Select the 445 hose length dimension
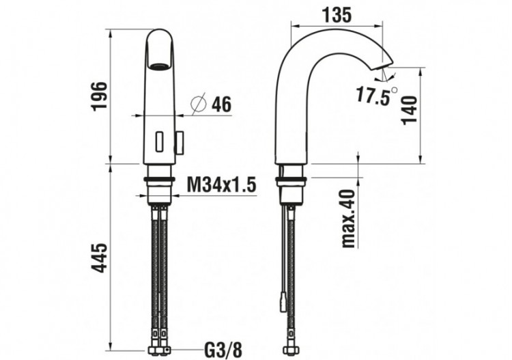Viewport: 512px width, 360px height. pos(100,260)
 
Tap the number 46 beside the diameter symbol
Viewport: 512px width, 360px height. pos(220,105)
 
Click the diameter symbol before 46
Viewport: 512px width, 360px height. pos(198,105)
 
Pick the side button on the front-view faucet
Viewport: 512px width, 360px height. pos(180,141)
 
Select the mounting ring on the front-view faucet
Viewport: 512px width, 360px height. pos(160,181)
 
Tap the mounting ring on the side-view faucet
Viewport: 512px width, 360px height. pos(291,181)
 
